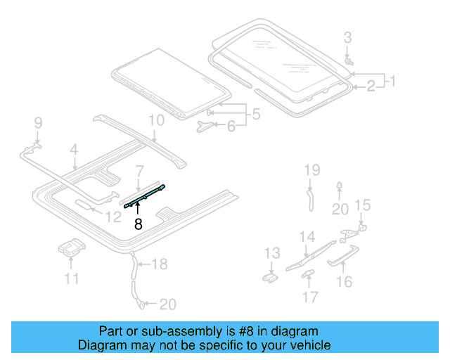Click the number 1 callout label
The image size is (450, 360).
[x=392, y=81]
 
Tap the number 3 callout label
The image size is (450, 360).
[x=347, y=37]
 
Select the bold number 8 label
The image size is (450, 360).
[x=138, y=225]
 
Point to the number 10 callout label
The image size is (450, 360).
[x=156, y=120]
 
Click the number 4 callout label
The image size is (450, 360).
[x=73, y=149]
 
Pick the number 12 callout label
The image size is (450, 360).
[x=114, y=217]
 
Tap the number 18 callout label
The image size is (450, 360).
[x=160, y=264]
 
